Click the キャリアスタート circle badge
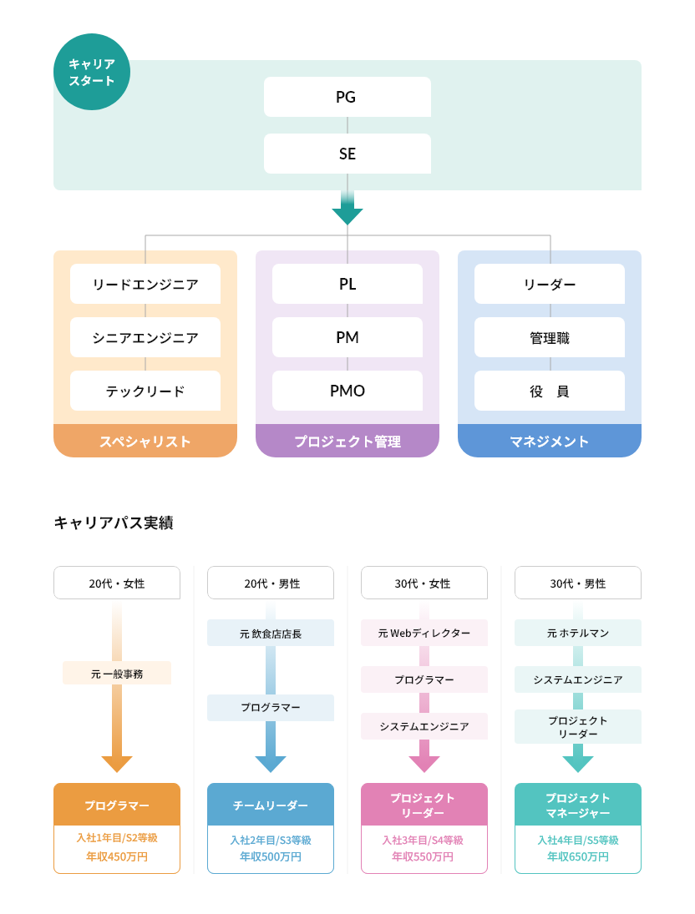[x=92, y=72]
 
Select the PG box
[x=347, y=97]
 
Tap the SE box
[x=347, y=154]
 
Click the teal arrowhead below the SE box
[x=347, y=215]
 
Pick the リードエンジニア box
[x=145, y=284]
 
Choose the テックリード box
[x=145, y=391]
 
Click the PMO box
[x=347, y=391]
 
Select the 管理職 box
[x=550, y=337]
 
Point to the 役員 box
[x=550, y=391]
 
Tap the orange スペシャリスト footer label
[x=145, y=442]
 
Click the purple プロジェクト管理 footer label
[x=347, y=442]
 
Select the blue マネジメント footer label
[x=550, y=442]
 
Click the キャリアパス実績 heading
[x=114, y=523]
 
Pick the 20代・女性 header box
[x=117, y=583]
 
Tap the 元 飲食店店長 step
[x=271, y=634]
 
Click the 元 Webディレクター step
[x=424, y=634]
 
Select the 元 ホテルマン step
[x=578, y=634]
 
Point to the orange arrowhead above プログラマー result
[x=117, y=763]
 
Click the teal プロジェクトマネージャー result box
[x=578, y=805]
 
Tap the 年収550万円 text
[x=424, y=857]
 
